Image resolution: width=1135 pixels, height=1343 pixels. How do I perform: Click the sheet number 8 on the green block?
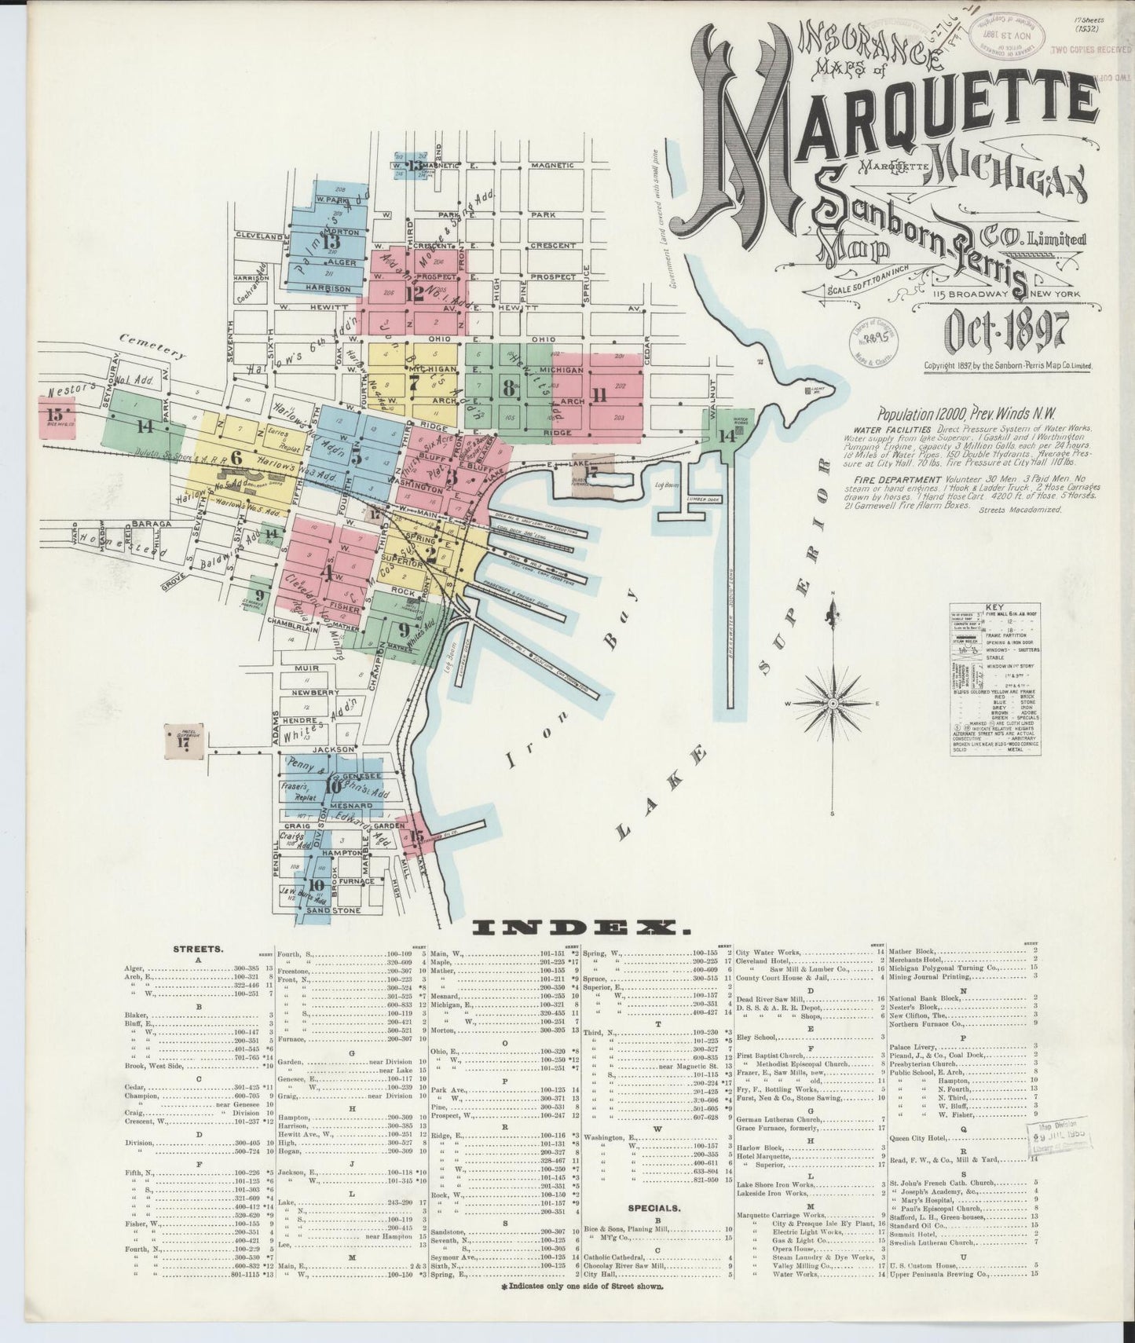coord(510,386)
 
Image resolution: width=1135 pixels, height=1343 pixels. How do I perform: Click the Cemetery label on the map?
coord(153,346)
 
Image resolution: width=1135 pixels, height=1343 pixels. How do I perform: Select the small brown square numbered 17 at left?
coord(184,741)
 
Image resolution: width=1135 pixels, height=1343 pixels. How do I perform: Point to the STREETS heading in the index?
coord(192,949)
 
